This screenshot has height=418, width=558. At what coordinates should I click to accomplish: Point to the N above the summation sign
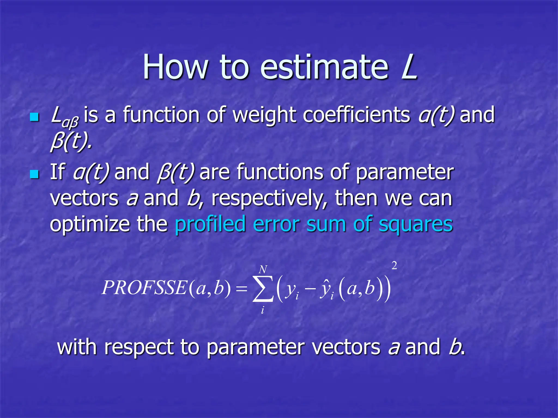coord(263,269)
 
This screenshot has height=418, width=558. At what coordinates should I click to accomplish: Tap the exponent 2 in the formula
coord(394,266)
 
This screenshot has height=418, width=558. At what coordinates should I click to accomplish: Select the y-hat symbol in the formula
coord(325,289)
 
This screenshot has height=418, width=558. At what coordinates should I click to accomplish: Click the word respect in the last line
coord(139,348)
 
